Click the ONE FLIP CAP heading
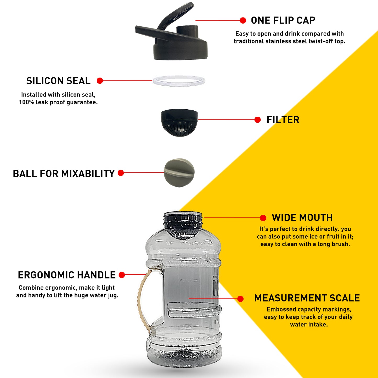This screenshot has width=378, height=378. (283, 20)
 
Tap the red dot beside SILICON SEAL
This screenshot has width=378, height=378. (100, 81)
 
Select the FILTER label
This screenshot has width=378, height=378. (283, 120)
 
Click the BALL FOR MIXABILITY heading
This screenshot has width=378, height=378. (64, 174)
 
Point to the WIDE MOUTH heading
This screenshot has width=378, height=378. (302, 218)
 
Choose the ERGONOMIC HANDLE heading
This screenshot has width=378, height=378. (67, 275)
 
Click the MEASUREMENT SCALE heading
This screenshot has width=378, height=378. (307, 298)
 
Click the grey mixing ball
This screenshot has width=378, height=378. (179, 173)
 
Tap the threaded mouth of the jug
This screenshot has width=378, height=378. (183, 220)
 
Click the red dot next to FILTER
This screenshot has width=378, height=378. (257, 120)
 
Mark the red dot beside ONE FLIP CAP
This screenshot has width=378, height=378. (243, 20)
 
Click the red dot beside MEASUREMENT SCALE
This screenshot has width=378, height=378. (240, 299)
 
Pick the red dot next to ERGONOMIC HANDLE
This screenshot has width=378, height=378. (122, 275)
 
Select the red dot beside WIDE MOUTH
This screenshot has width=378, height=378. (263, 218)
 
